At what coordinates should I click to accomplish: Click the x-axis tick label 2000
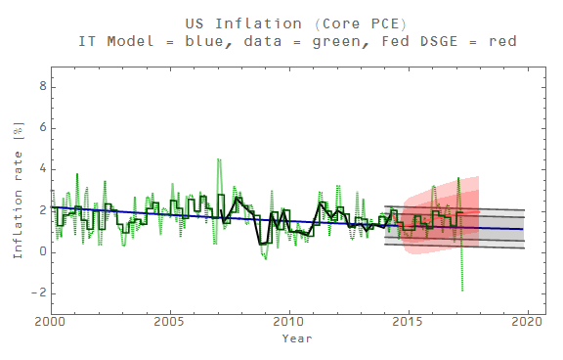51,322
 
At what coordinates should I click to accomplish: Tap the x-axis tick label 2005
170,322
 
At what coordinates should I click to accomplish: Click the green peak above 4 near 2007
218,158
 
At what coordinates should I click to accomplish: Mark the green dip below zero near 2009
265,259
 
